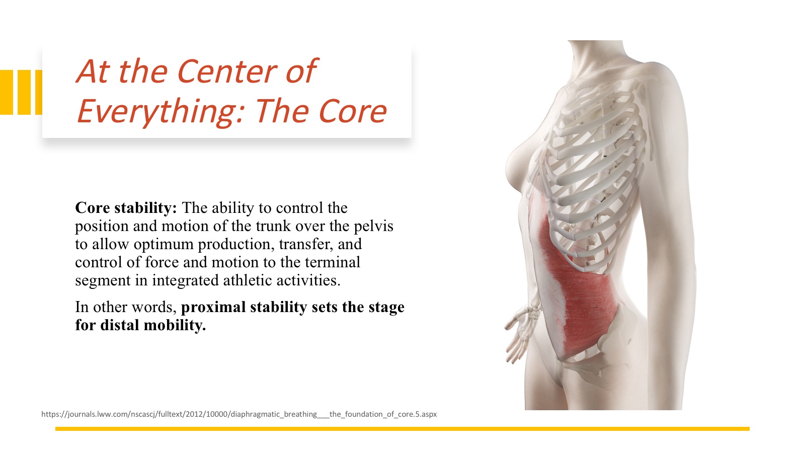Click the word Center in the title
click(227, 71)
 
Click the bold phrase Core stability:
click(126, 208)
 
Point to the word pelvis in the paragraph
click(373, 226)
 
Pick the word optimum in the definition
click(164, 245)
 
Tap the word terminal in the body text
click(333, 262)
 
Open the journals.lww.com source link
click(239, 414)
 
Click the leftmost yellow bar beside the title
click(7, 93)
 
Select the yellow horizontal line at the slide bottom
click(403, 428)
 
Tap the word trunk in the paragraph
click(273, 226)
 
